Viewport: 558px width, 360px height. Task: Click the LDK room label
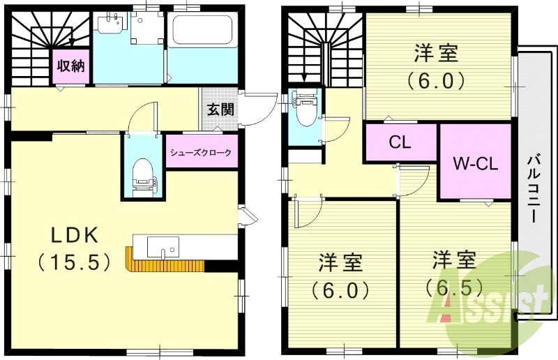[x=73, y=235]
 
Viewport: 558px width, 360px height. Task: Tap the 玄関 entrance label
[x=220, y=109]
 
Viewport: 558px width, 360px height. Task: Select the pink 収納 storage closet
[x=70, y=66]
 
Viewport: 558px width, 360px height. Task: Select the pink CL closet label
[x=400, y=142]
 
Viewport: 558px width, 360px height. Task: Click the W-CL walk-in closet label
[x=475, y=164]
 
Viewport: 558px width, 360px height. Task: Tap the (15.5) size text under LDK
[x=73, y=262]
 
